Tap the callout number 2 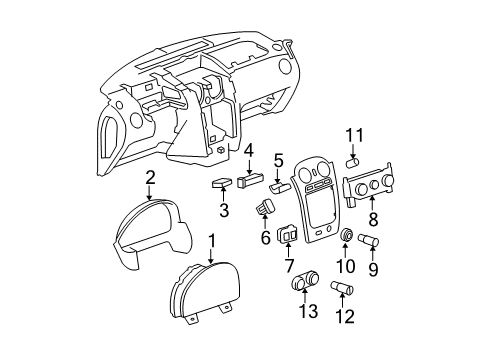150,177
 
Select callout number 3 224,209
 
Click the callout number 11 351,135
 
